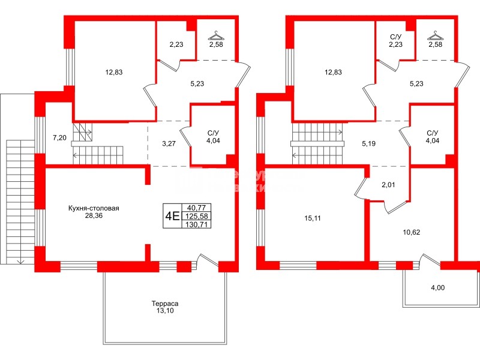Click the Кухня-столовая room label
[94, 209]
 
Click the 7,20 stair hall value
[59, 138]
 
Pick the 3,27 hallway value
[170, 144]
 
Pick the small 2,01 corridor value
[389, 185]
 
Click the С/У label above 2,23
[396, 36]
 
